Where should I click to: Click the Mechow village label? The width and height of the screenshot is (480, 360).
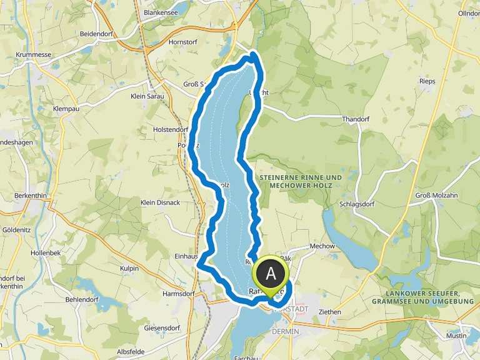click(x=322, y=246)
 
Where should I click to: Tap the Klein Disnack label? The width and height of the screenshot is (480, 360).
click(x=160, y=202)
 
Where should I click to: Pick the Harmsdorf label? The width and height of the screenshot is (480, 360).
click(x=179, y=293)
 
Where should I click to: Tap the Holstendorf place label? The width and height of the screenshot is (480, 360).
click(x=171, y=129)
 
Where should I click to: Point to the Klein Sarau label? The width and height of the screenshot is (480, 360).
click(x=147, y=96)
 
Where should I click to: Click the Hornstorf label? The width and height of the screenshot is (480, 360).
click(x=184, y=42)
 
